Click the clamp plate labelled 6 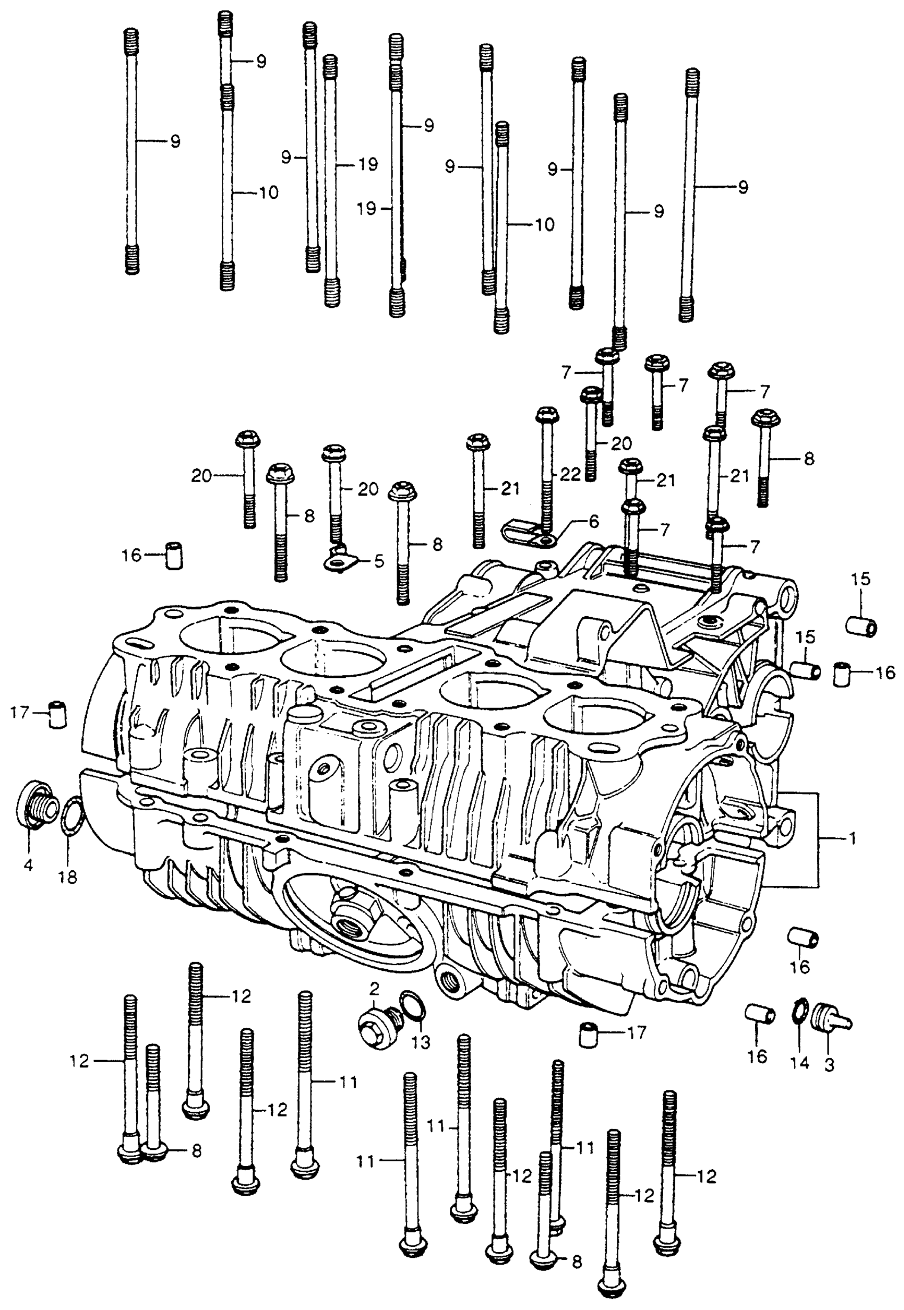528,533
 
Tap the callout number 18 68,877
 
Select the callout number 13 421,1042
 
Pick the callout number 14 800,1063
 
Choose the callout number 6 593,520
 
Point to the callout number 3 828,1065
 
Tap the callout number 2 374,989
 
